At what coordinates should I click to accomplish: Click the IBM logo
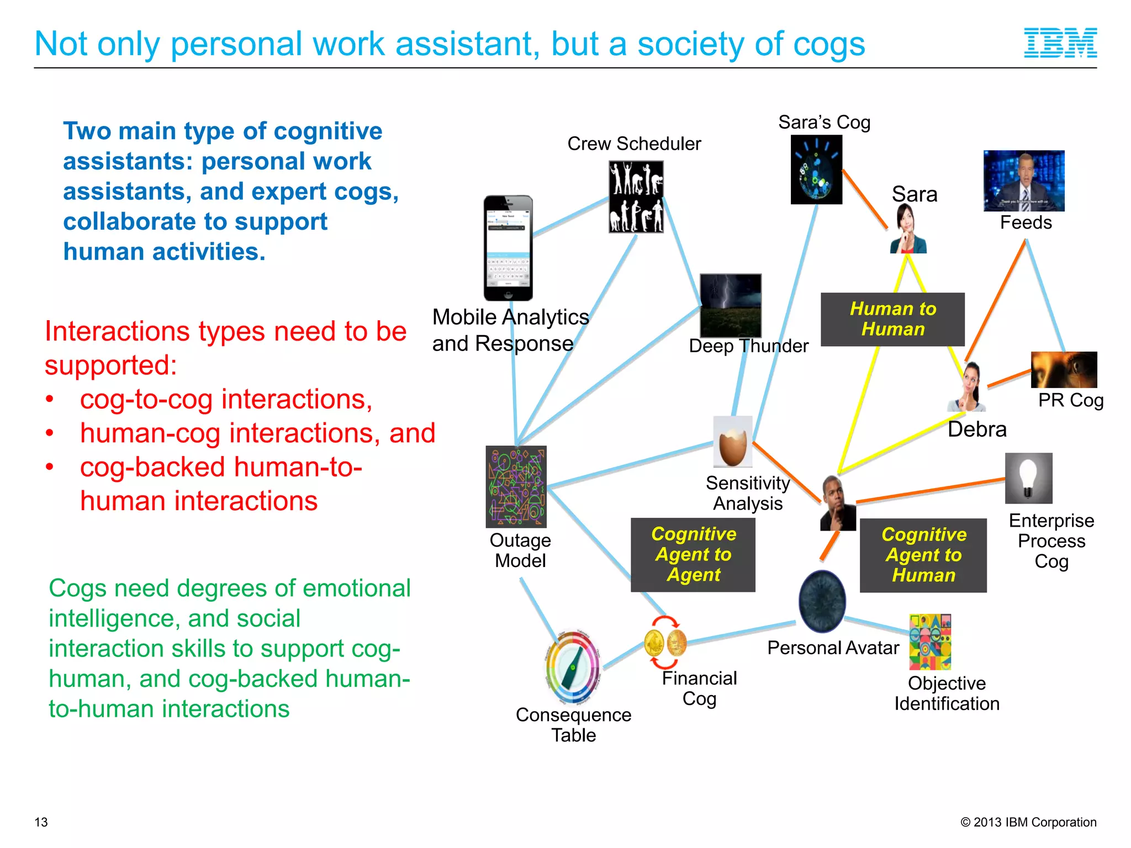(1060, 43)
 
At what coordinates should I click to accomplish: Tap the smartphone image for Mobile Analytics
(508, 248)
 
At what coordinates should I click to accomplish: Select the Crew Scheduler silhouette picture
(636, 197)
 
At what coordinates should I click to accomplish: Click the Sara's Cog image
(816, 169)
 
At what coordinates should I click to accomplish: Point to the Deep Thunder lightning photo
(731, 305)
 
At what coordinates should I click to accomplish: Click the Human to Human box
(892, 319)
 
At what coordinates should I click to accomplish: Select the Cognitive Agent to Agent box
(693, 554)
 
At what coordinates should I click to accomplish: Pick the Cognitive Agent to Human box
(923, 555)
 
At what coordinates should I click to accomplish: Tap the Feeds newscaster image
(1024, 181)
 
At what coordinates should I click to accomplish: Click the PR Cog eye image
(1064, 369)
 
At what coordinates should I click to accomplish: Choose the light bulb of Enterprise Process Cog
(1028, 478)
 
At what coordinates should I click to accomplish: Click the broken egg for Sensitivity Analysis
(733, 442)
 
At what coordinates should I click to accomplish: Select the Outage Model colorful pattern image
(516, 486)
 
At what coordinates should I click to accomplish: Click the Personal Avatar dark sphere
(822, 601)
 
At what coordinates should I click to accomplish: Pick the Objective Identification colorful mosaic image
(930, 642)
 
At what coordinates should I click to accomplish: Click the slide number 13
(41, 822)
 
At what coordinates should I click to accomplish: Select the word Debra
(977, 430)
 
